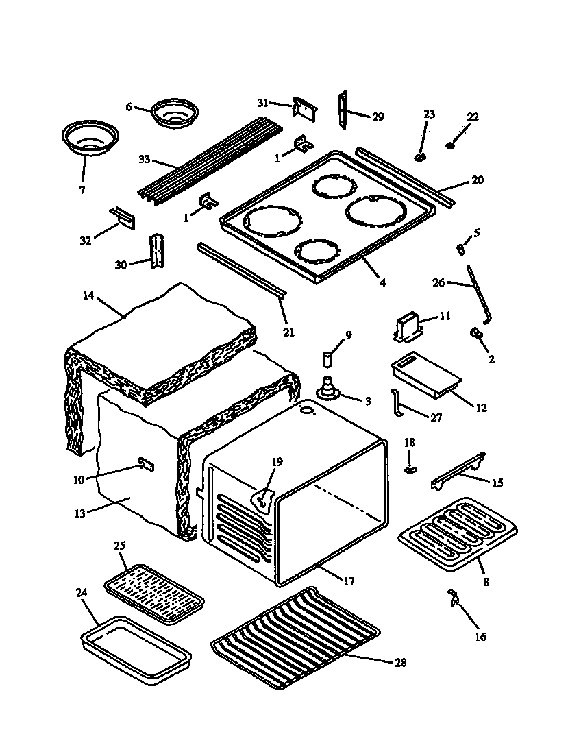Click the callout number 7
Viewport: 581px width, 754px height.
(82, 190)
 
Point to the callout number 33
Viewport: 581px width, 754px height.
(144, 159)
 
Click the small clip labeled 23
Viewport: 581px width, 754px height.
(421, 157)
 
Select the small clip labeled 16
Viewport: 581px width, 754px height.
(454, 596)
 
